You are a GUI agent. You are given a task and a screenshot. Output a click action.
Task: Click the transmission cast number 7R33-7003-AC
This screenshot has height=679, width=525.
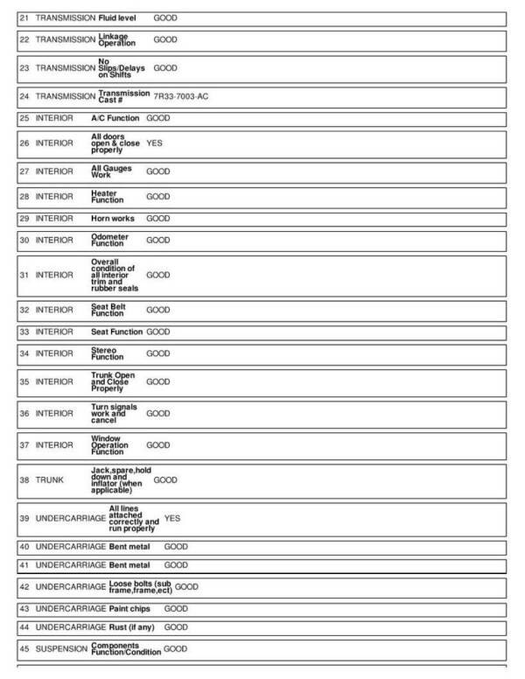coord(180,96)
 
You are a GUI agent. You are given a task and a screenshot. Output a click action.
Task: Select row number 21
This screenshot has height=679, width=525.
coord(24,17)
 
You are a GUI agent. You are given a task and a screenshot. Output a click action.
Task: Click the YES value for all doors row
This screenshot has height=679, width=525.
coord(154,143)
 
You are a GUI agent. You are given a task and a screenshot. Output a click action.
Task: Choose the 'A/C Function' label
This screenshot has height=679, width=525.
coord(115,117)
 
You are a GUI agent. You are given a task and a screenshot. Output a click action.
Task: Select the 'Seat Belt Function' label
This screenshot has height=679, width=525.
coord(108,310)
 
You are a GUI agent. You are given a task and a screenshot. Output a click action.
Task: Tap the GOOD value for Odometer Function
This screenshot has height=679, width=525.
coord(158,240)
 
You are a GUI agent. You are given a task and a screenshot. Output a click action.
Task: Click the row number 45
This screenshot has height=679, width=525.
coord(24,649)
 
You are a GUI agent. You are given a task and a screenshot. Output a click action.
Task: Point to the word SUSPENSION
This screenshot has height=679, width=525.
coord(61,649)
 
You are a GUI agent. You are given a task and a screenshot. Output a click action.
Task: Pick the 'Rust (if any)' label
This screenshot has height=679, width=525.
coord(133,627)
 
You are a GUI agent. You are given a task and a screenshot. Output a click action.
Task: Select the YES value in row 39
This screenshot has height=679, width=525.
coord(172,519)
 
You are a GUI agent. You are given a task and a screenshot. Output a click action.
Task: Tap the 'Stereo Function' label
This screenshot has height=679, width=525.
coord(107,353)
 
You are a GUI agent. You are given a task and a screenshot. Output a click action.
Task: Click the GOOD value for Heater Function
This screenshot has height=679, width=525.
coord(158,196)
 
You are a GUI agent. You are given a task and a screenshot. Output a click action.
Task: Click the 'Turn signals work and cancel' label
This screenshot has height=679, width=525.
coord(114,413)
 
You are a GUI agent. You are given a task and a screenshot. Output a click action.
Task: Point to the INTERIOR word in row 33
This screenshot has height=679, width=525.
coord(54,332)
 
